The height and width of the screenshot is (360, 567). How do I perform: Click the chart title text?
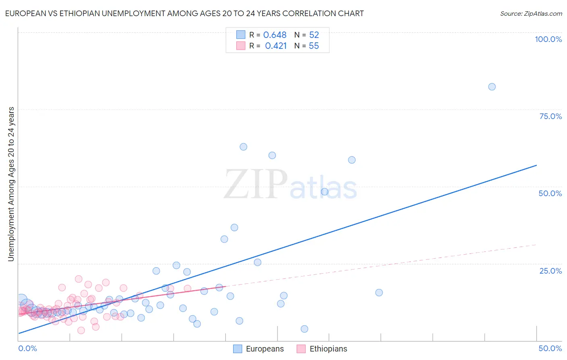click(x=184, y=13)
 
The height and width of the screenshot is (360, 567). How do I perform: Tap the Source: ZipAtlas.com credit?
click(x=531, y=13)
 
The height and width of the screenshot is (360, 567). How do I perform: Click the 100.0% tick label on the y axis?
click(x=548, y=39)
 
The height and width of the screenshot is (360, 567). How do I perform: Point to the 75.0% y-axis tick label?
click(x=550, y=116)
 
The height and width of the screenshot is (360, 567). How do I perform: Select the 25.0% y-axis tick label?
click(x=550, y=271)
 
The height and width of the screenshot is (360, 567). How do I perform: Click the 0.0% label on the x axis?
click(x=27, y=348)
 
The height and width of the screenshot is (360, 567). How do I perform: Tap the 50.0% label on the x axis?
click(x=550, y=348)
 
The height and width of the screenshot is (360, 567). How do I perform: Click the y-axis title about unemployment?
click(x=11, y=184)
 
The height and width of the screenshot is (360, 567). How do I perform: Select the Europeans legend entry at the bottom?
click(x=258, y=349)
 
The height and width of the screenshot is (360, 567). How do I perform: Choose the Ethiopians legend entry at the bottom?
click(x=322, y=349)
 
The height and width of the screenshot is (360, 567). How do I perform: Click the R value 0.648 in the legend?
click(x=275, y=35)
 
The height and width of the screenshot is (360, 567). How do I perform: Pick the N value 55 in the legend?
click(x=314, y=46)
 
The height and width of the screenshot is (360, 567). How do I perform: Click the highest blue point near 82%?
click(x=492, y=87)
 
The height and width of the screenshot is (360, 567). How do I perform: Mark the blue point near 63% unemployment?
click(x=243, y=147)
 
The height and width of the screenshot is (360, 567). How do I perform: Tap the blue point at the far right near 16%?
click(x=379, y=293)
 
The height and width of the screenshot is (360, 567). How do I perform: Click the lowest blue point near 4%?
click(x=304, y=329)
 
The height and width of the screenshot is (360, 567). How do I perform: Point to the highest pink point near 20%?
click(x=79, y=279)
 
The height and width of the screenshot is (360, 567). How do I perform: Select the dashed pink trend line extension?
click(x=403, y=262)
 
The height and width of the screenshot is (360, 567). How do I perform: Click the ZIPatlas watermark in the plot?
click(x=290, y=184)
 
